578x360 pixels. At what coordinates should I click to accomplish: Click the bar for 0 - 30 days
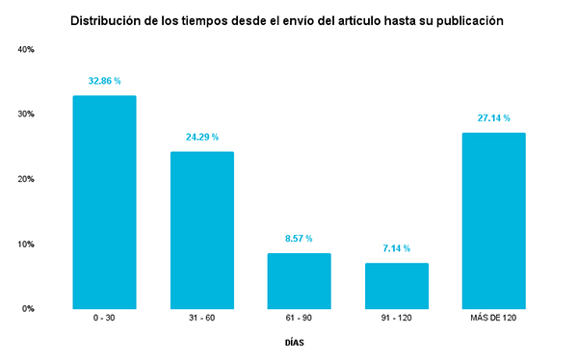(104, 202)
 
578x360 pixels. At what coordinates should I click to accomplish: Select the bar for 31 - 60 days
(201, 230)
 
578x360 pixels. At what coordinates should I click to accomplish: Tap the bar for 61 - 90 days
(299, 280)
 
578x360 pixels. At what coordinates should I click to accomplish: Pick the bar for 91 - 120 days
(396, 285)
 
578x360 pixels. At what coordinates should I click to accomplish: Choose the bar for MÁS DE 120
(493, 220)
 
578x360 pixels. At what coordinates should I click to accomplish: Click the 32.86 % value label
(104, 82)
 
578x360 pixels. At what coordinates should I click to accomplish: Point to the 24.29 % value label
(201, 137)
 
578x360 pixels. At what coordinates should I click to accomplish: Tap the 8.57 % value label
(299, 239)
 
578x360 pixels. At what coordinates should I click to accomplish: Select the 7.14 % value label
(396, 248)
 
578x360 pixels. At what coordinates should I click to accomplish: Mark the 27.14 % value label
(493, 118)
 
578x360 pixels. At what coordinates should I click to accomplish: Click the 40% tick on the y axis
(26, 49)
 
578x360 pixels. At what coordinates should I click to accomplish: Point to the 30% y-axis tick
(26, 114)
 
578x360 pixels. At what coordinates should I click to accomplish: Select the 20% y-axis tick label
(26, 179)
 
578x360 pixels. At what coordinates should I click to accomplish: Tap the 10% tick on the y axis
(26, 244)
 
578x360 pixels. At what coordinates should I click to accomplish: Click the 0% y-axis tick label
(28, 309)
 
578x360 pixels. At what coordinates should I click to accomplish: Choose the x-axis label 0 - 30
(104, 319)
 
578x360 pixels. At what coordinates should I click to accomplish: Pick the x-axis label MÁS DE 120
(493, 319)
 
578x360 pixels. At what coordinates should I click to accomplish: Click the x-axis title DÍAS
(298, 342)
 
